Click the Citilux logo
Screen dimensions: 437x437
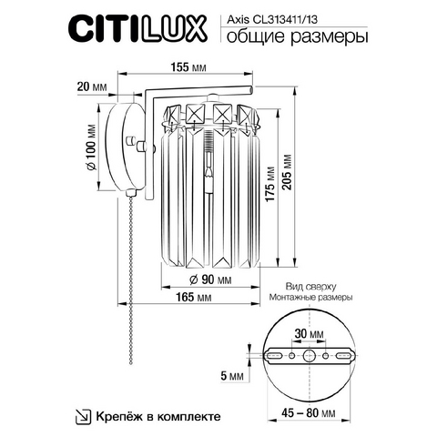click(137, 30)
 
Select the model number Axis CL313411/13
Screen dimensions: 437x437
click(272, 20)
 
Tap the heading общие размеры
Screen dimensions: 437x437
click(298, 37)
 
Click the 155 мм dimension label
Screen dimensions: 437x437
click(188, 67)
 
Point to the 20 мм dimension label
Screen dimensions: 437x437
click(92, 86)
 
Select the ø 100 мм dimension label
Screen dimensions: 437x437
click(91, 147)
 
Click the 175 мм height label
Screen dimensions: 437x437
click(269, 184)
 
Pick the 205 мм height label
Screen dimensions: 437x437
click(287, 172)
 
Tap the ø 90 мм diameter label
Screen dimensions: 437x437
click(210, 279)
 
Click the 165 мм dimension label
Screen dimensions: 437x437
click(194, 297)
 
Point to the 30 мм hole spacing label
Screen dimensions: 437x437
click(310, 334)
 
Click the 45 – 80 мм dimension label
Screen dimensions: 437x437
click(309, 413)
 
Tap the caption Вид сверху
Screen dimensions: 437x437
click(310, 287)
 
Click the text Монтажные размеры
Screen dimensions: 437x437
click(310, 297)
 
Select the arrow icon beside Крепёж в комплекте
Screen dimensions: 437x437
click(83, 416)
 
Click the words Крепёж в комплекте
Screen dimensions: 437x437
click(158, 416)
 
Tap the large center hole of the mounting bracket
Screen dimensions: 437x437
click(309, 355)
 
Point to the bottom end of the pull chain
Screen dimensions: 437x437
click(131, 362)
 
